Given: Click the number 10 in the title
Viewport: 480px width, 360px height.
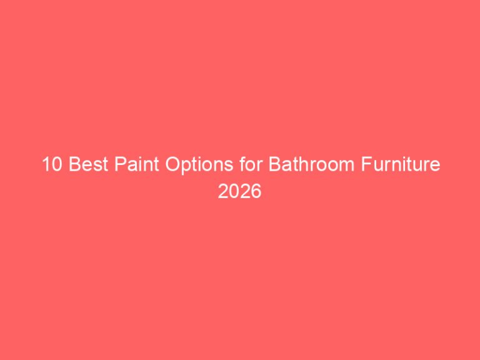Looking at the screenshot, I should coord(51,166).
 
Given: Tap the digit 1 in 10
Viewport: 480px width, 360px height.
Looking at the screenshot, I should coord(45,166).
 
